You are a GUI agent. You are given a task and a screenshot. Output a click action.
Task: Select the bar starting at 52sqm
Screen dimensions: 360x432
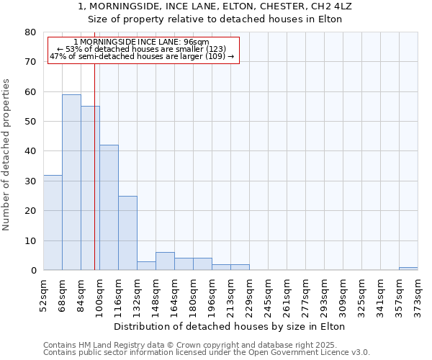tap(53, 222)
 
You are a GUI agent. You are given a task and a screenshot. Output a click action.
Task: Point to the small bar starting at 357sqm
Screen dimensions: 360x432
tap(408, 269)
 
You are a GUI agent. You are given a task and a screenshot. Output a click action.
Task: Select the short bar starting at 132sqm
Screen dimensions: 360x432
tap(146, 266)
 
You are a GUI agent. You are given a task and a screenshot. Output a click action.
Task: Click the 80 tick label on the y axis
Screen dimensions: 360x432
tap(30, 32)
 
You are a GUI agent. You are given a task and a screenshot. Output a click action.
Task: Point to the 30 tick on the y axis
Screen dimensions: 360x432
tap(30, 181)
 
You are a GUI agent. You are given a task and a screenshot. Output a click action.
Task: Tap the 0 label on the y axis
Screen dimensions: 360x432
tap(33, 271)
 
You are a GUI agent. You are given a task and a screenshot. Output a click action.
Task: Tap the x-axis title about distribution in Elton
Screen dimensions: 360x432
tap(230, 326)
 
